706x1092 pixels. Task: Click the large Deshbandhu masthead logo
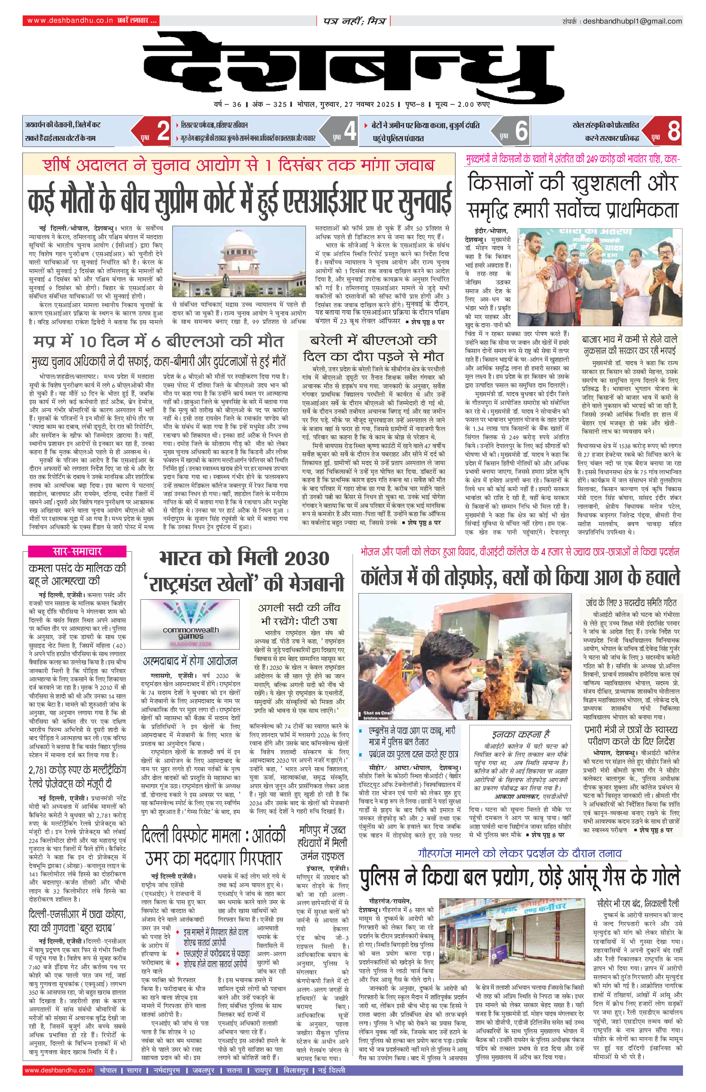click(353, 64)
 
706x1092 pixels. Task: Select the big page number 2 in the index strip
click(163, 131)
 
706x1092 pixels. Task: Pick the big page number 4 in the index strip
click(350, 131)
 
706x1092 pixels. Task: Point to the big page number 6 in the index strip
click(521, 131)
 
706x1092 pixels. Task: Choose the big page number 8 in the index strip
click(673, 131)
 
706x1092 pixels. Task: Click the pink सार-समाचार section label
click(77, 551)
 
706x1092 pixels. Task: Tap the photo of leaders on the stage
click(599, 276)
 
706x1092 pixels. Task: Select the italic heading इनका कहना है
click(521, 734)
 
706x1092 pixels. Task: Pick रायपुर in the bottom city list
click(263, 1070)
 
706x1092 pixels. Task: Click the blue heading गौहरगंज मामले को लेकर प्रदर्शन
click(519, 853)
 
